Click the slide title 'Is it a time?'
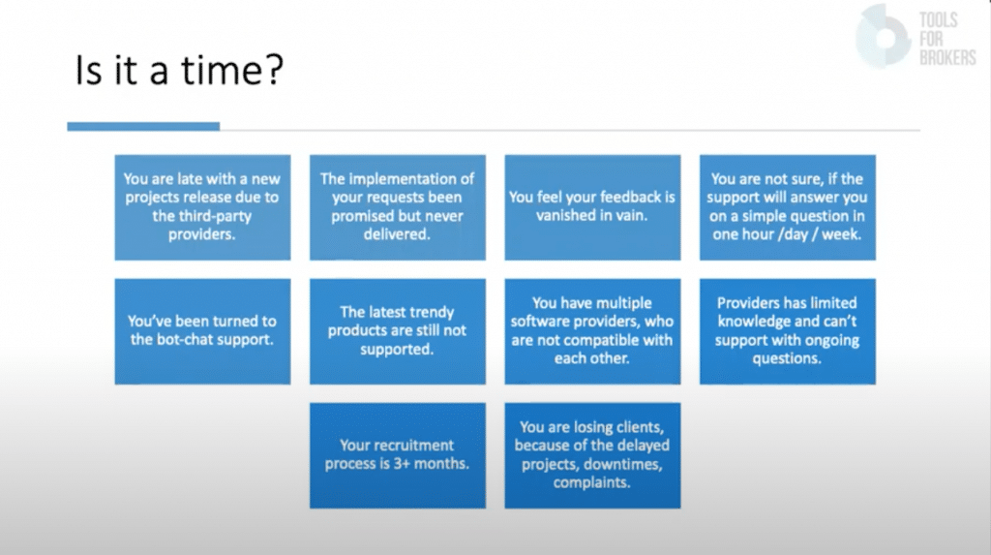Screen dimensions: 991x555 click(179, 70)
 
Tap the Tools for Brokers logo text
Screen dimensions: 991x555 click(946, 39)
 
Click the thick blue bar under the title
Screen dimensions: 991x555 click(143, 127)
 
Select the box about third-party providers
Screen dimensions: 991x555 click(202, 207)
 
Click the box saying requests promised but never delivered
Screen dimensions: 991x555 click(398, 207)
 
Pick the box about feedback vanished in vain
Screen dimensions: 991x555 click(592, 207)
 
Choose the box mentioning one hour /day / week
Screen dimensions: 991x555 click(788, 207)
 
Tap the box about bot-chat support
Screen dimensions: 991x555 click(202, 331)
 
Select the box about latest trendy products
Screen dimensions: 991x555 click(398, 331)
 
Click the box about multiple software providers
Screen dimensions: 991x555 click(592, 331)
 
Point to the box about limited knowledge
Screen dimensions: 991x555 click(788, 331)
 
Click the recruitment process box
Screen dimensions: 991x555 click(398, 455)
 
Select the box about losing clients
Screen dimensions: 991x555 click(592, 455)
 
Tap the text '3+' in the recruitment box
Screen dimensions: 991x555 click(402, 464)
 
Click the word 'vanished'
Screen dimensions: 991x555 click(565, 216)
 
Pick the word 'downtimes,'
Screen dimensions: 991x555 click(622, 465)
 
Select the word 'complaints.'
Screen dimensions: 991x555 click(591, 483)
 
